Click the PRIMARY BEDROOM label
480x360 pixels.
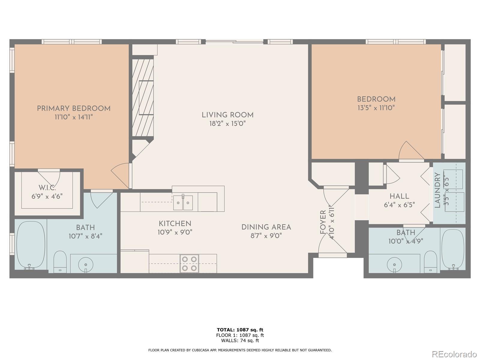pos(74,108)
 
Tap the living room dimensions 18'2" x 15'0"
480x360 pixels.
pos(227,124)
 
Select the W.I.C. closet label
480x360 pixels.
pos(47,187)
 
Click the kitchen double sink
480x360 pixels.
pos(183,202)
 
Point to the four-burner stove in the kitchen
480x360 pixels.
pos(189,263)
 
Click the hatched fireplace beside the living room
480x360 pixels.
pos(143,98)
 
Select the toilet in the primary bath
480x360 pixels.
pos(60,262)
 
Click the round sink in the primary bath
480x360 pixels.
pos(85,265)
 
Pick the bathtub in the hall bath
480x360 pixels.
pos(452,250)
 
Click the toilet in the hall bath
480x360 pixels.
pos(430,262)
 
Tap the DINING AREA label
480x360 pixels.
pos(266,227)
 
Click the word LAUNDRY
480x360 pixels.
pos(437,190)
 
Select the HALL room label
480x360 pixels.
pos(399,196)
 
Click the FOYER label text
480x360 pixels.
pos(323,222)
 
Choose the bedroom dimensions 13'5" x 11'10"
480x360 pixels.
pos(376,108)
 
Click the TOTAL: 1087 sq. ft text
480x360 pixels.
pos(240,330)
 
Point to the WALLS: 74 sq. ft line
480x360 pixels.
pos(240,340)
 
